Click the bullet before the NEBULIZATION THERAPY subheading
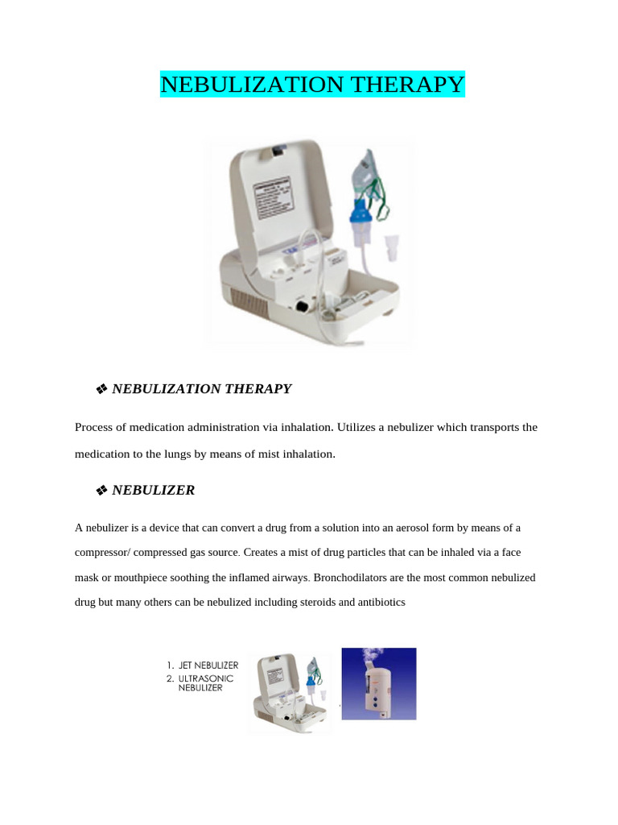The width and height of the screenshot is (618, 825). pyautogui.click(x=101, y=389)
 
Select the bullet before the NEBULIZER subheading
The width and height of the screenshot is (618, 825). pyautogui.click(x=101, y=491)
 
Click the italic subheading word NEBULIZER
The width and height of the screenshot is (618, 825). pyautogui.click(x=153, y=490)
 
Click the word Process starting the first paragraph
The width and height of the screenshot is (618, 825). pyautogui.click(x=95, y=427)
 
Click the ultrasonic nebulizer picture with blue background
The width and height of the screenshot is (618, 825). pyautogui.click(x=379, y=683)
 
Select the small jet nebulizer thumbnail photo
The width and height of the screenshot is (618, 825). pyautogui.click(x=290, y=692)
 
